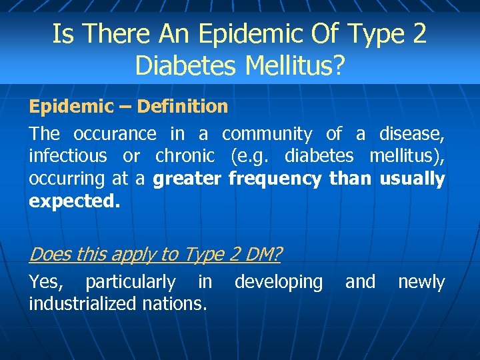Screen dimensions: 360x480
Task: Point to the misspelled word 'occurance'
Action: tap(115, 134)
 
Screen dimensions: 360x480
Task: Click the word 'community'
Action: tap(267, 134)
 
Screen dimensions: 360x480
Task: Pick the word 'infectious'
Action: tap(67, 156)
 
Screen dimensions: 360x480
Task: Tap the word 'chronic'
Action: tap(185, 156)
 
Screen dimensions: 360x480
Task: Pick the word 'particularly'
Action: tap(131, 282)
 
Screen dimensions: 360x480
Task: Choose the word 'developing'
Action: tap(279, 282)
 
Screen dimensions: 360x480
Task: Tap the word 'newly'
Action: tap(421, 282)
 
